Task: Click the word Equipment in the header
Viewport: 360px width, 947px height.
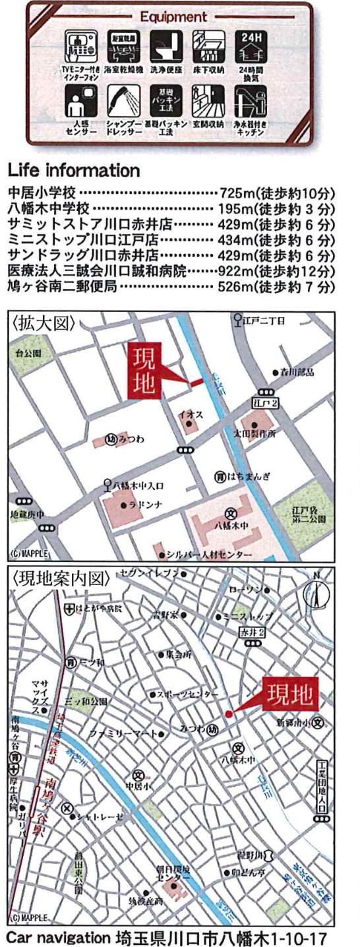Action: (x=173, y=16)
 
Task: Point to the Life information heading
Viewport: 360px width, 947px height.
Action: (x=73, y=171)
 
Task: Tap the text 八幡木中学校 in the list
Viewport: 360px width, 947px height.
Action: (x=47, y=208)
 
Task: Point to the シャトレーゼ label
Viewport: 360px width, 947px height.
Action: (x=99, y=817)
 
